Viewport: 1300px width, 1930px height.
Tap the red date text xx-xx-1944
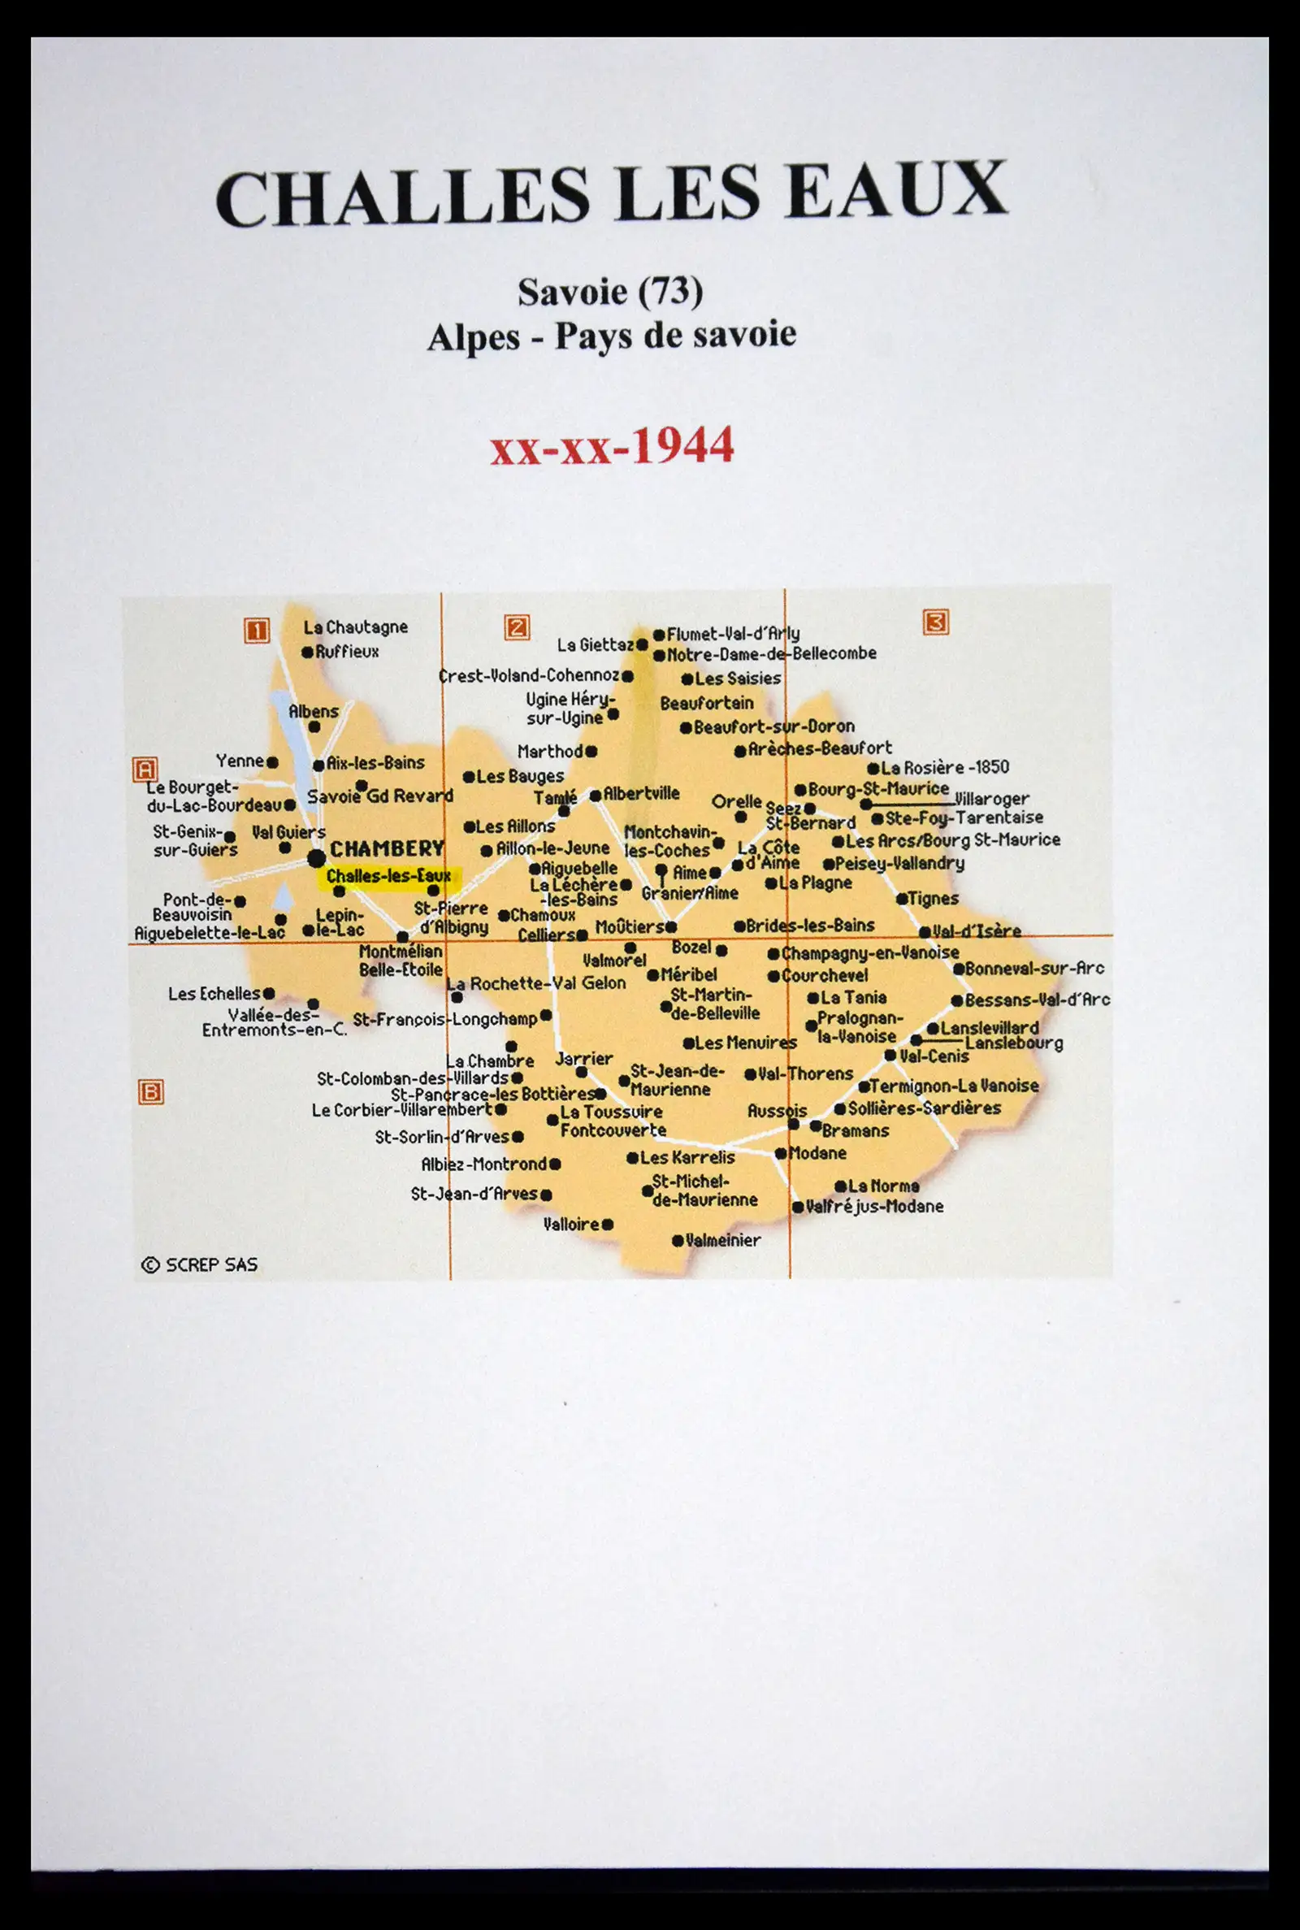(612, 446)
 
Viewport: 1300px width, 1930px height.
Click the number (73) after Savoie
(669, 291)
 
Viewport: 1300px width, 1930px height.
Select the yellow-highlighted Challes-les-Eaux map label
(389, 876)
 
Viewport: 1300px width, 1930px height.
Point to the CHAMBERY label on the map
(388, 849)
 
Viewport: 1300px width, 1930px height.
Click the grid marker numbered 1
(256, 631)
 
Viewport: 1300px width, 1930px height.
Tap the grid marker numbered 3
(935, 622)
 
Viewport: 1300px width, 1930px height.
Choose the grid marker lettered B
(150, 1092)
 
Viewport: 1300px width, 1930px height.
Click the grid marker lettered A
(145, 770)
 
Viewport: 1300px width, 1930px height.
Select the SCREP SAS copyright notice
(200, 1265)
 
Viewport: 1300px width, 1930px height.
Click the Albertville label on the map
(641, 793)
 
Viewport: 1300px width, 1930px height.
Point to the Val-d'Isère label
(976, 931)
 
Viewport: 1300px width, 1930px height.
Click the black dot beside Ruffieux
(308, 653)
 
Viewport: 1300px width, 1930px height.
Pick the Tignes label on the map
(933, 899)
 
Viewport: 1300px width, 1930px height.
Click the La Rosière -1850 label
(944, 768)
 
